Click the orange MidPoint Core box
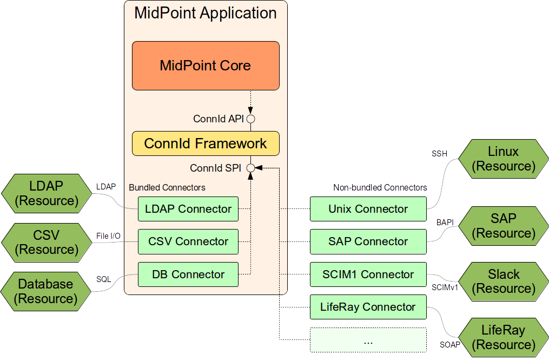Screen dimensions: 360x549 (206, 66)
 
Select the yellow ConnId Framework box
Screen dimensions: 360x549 (206, 143)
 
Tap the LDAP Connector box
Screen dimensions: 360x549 (188, 209)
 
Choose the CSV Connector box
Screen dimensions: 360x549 (188, 241)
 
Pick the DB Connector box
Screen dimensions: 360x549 (188, 274)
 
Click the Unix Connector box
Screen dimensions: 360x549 (368, 209)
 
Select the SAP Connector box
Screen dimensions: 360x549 (368, 241)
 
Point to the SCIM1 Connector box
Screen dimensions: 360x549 (368, 274)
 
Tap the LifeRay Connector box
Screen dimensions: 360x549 (368, 307)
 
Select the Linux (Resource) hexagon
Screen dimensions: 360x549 (503, 159)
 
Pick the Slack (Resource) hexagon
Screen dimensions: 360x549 (503, 281)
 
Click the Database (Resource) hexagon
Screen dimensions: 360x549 (45, 291)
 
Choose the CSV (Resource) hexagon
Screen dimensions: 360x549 (45, 242)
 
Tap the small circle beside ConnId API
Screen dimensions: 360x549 (250, 119)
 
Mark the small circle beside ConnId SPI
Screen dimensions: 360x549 (250, 168)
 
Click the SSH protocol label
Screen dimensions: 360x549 (439, 154)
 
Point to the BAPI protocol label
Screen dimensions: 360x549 (445, 222)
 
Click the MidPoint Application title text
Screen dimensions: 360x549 (206, 14)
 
